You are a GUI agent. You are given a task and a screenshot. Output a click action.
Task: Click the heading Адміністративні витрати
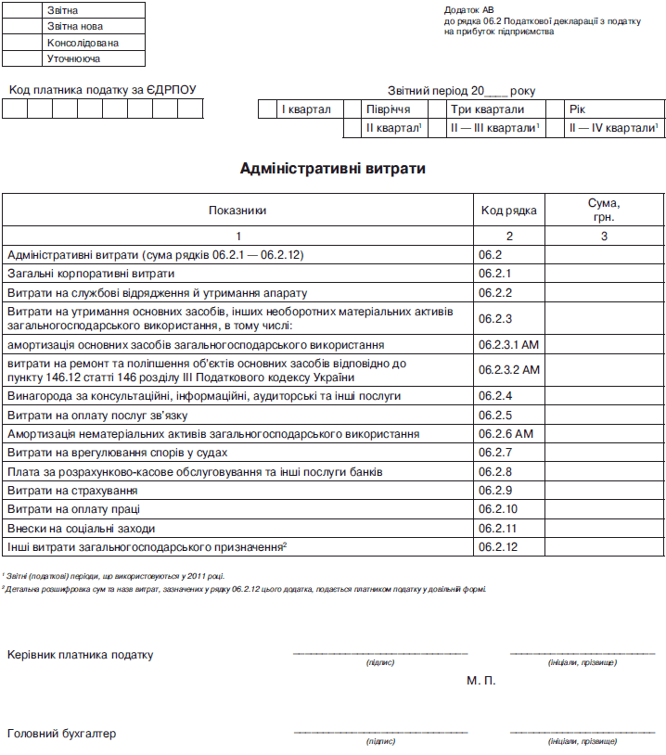click(333, 169)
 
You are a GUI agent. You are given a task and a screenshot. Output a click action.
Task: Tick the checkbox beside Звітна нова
click(22, 26)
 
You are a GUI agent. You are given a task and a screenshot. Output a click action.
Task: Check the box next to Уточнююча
click(22, 58)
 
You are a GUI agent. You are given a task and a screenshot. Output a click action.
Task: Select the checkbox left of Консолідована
click(22, 43)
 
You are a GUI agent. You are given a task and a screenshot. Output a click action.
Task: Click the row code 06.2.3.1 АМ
click(508, 345)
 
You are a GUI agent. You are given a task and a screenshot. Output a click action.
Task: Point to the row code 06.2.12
click(497, 547)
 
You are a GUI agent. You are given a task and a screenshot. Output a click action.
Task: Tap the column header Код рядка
click(508, 211)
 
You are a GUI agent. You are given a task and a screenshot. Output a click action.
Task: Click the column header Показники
click(237, 211)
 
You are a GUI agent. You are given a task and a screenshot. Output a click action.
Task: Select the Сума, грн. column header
click(604, 210)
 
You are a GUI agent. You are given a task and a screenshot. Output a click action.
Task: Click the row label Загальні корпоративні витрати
click(91, 274)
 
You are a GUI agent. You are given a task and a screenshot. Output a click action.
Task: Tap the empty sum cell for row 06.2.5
click(604, 415)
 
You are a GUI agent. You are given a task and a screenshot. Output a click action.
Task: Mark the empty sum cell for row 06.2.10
click(604, 509)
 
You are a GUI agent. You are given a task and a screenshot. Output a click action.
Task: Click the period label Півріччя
click(388, 109)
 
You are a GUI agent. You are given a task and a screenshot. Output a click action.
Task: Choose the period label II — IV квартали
click(613, 128)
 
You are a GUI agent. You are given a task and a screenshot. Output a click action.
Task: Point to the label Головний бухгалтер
click(62, 734)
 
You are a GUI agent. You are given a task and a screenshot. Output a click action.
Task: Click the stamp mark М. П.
click(481, 681)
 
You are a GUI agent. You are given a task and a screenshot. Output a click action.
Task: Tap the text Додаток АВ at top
click(469, 9)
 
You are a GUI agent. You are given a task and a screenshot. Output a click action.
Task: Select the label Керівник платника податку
click(81, 655)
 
